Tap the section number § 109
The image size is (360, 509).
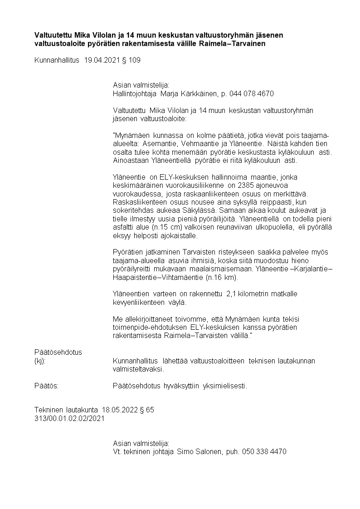point(131,60)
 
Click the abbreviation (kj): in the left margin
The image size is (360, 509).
point(41,361)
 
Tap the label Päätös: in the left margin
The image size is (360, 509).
point(47,386)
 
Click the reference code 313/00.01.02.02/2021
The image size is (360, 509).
point(69,418)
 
